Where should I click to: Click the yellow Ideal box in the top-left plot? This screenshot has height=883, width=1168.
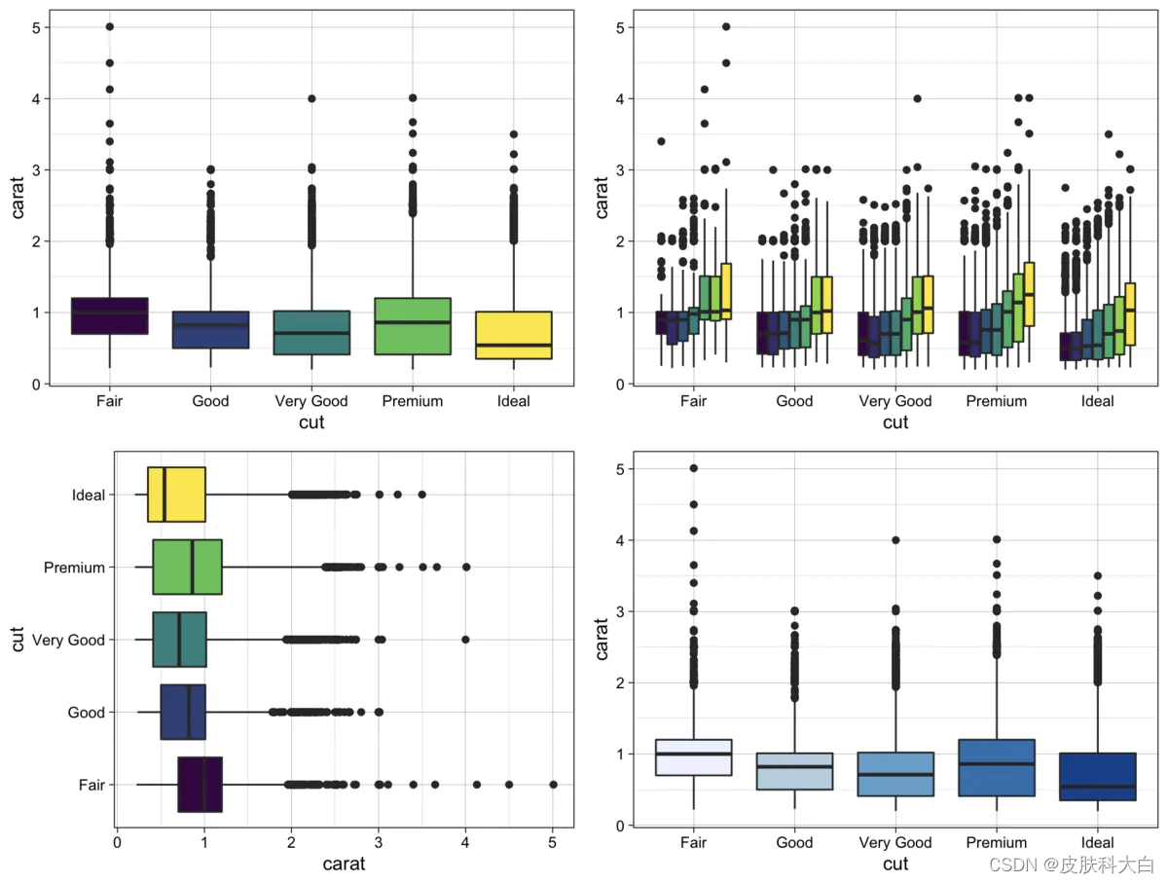pos(513,335)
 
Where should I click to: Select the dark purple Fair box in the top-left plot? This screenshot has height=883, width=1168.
pos(110,315)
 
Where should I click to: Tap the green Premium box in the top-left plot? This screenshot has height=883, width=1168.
pos(413,325)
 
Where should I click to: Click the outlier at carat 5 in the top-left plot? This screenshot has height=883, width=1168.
pos(110,27)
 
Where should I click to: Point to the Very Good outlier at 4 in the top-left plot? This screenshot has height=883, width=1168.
pos(311,98)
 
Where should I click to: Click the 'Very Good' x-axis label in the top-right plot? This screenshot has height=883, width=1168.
pos(895,401)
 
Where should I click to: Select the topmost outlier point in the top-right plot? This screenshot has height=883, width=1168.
pos(726,27)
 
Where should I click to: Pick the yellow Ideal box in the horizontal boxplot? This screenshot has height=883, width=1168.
pos(176,495)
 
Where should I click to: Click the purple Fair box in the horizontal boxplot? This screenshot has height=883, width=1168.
pos(200,784)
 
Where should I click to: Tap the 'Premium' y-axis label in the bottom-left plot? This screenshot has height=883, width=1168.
pos(74,568)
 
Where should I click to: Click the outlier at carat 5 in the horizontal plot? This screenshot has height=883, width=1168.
pos(553,784)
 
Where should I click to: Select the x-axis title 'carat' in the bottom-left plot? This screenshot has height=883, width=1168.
pos(344,864)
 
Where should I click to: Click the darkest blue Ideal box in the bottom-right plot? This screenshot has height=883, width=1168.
pos(1097,776)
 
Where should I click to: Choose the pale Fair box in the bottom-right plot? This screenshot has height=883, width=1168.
pos(694,756)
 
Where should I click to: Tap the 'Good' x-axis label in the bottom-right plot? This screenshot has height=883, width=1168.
pos(794,843)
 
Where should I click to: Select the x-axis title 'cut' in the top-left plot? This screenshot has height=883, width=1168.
pos(311,423)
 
